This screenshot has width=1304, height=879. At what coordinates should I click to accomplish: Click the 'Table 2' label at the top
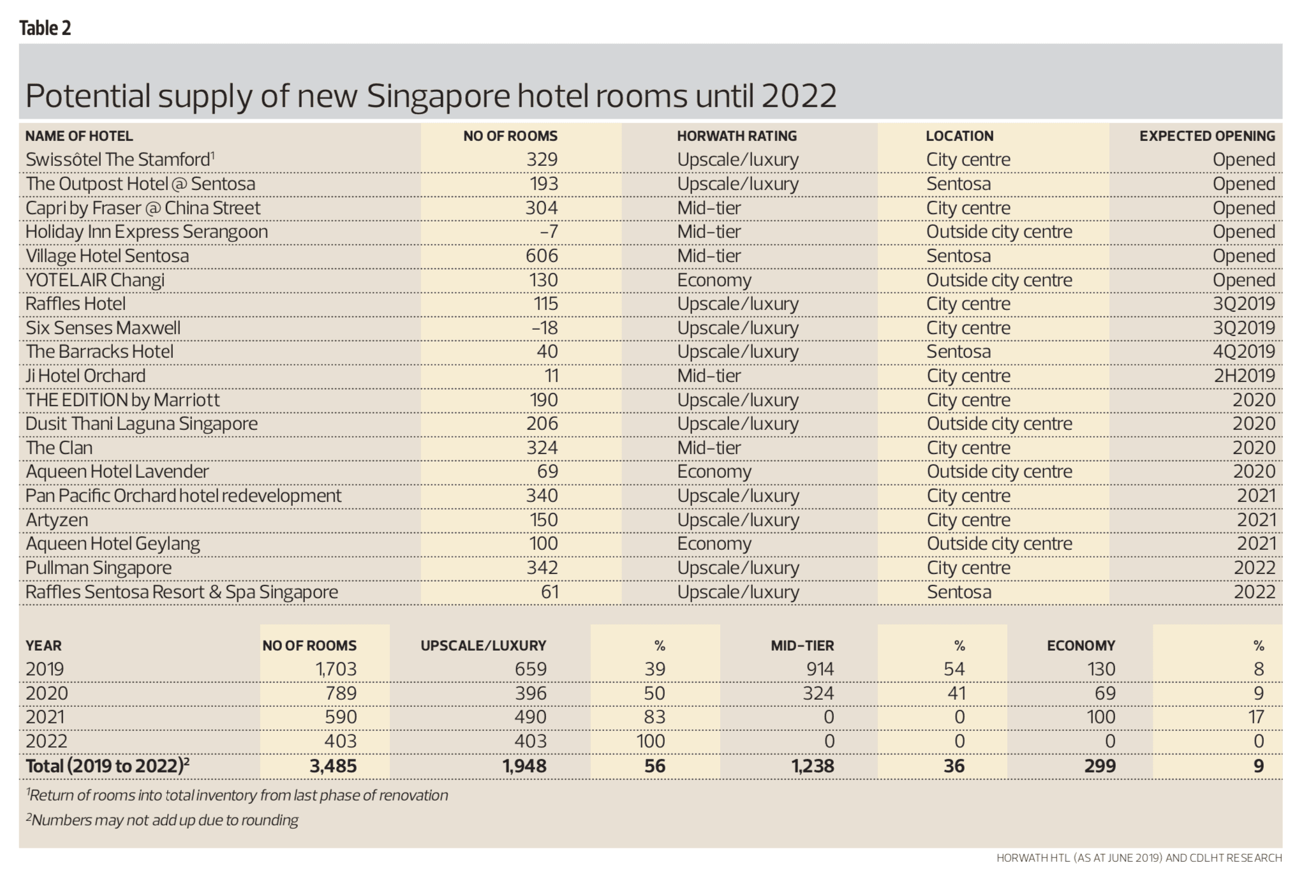(45, 28)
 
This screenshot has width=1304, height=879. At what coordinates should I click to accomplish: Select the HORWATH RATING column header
(737, 136)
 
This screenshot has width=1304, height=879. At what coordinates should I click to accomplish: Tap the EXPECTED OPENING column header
(1207, 136)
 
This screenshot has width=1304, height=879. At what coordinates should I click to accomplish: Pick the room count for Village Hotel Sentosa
(542, 256)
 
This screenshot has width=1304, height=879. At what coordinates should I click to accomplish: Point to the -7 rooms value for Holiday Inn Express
(549, 232)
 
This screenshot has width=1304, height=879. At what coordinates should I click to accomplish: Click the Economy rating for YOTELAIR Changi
(714, 280)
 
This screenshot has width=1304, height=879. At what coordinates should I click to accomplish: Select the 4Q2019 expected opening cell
(1243, 351)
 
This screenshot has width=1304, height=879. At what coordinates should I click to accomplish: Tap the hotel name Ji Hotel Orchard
(85, 376)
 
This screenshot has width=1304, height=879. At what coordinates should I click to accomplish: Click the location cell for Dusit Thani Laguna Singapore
(999, 424)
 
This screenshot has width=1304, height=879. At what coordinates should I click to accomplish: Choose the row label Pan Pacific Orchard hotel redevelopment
(183, 496)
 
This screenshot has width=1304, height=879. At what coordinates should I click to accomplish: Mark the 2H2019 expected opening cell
(1243, 376)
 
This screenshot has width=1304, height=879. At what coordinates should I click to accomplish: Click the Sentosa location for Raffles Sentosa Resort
(959, 592)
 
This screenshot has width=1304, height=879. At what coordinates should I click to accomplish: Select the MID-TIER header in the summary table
(802, 646)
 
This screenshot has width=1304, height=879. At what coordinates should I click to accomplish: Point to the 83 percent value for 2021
(655, 717)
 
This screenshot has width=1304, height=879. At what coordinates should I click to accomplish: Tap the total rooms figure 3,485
(332, 766)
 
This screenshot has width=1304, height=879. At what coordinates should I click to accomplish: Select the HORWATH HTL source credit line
(1138, 858)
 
